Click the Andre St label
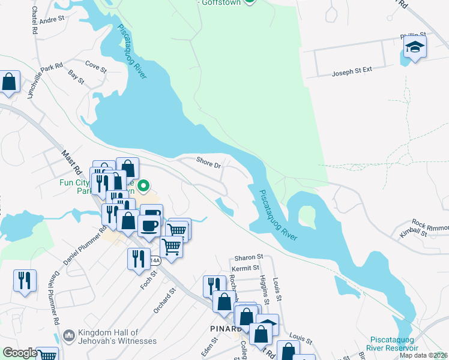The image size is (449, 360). coord(53,19)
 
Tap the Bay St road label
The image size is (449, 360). coord(76,76)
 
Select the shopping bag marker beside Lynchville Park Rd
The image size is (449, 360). coord(9,82)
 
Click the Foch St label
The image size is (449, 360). coord(149,281)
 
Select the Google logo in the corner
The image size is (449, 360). coord(20,353)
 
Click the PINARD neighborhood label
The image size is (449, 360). coord(226,328)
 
